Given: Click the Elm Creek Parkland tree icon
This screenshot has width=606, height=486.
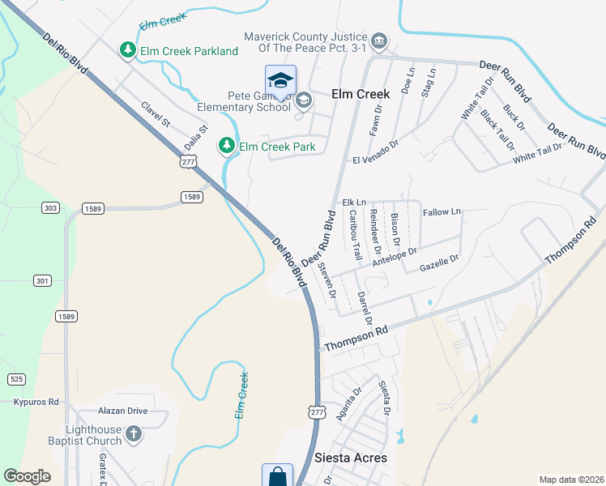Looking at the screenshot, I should (127, 51).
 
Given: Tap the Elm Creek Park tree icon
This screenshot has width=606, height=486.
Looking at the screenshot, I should (227, 146).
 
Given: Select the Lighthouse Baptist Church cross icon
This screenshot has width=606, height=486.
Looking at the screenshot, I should (134, 436).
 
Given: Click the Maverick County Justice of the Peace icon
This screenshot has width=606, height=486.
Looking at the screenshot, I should (378, 40).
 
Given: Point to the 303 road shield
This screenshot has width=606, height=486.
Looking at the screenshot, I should (50, 208).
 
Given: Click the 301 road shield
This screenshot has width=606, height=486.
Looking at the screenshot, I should (43, 281).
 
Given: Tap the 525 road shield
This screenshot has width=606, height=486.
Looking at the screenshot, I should (16, 379).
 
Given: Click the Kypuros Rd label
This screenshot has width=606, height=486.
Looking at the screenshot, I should (36, 401).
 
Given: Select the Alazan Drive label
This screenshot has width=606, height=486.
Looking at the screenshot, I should (122, 411).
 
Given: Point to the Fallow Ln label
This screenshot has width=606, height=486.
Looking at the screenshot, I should (442, 212).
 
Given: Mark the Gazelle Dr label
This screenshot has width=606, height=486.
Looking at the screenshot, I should (439, 262).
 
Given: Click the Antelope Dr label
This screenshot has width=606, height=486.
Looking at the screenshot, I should (394, 256).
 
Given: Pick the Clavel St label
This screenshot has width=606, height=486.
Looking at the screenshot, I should (155, 114).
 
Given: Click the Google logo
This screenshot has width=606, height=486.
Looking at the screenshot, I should (28, 476).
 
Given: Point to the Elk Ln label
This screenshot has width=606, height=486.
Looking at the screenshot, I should (354, 202).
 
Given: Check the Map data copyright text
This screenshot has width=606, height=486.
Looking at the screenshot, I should (570, 480).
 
